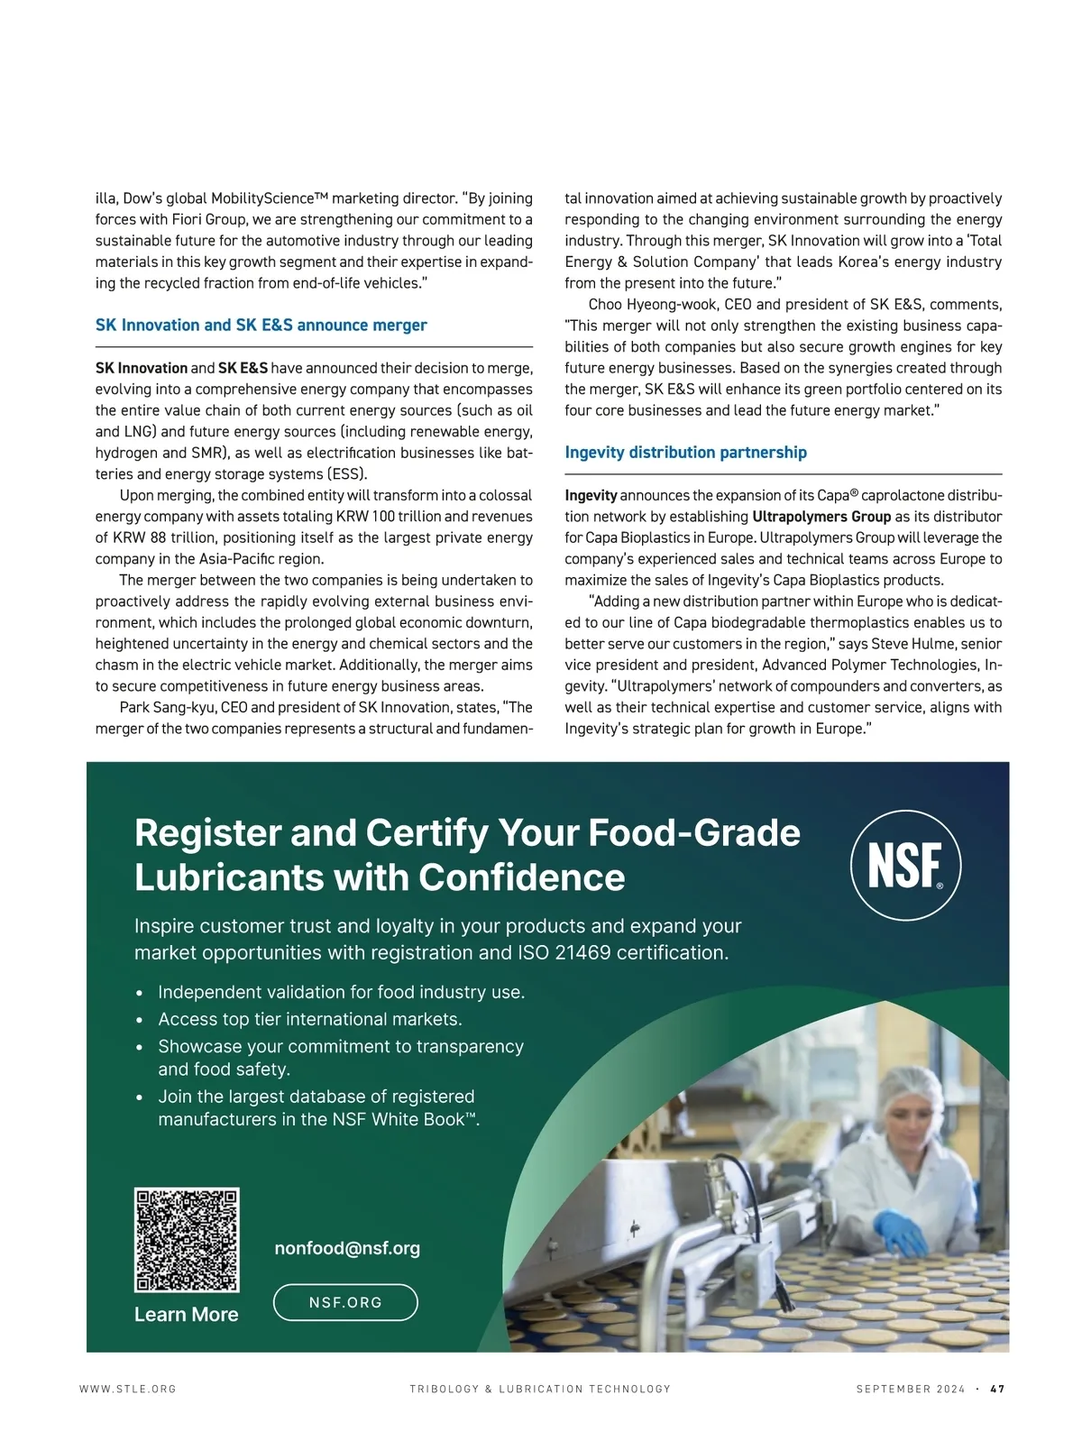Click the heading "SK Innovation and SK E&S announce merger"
(261, 326)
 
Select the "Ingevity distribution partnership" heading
(685, 453)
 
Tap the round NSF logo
(905, 865)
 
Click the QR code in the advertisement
(187, 1240)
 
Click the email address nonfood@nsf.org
(347, 1248)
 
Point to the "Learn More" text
(187, 1315)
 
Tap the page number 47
(997, 1389)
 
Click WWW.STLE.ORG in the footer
(128, 1389)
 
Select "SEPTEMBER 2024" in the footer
(910, 1389)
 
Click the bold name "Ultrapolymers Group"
(821, 517)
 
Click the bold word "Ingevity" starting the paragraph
(591, 495)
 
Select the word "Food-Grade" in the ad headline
(694, 833)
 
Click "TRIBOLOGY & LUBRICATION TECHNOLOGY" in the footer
(540, 1389)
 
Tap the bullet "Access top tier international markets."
(309, 1020)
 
